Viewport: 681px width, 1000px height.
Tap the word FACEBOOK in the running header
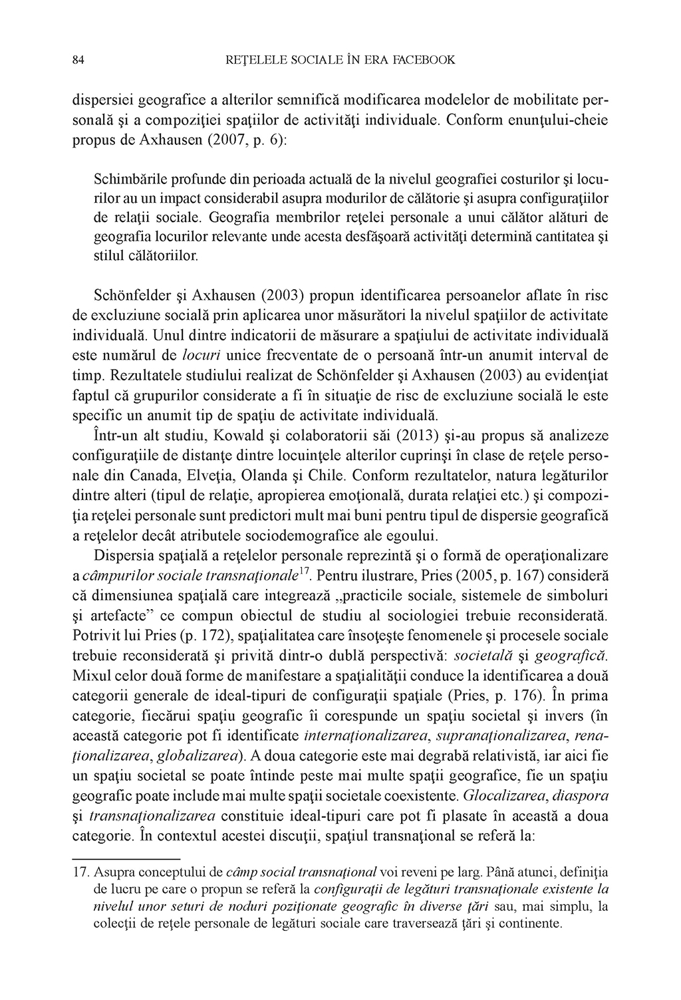(423, 61)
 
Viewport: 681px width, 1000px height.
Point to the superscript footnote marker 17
(306, 570)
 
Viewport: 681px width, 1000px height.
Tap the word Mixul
(88, 675)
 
